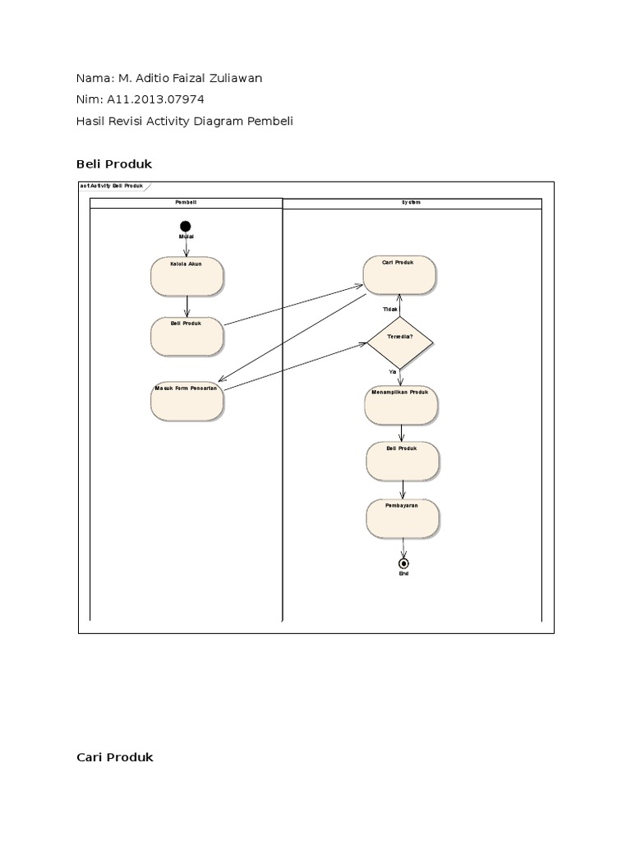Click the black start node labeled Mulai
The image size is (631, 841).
186,226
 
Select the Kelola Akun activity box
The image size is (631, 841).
187,276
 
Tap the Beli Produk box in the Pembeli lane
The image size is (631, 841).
187,336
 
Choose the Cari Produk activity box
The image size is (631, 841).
399,274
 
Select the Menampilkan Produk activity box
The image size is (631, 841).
401,405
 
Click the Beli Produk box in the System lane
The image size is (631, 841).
402,462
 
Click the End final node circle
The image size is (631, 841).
403,563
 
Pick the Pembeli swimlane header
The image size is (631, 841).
186,202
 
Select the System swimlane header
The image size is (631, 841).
412,202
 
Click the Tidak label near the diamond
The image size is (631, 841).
390,309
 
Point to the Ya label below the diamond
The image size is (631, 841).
393,371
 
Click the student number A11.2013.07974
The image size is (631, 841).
154,99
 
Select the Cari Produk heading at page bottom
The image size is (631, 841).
114,757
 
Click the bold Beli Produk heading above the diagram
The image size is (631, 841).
114,164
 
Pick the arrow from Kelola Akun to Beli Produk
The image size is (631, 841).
187,306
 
